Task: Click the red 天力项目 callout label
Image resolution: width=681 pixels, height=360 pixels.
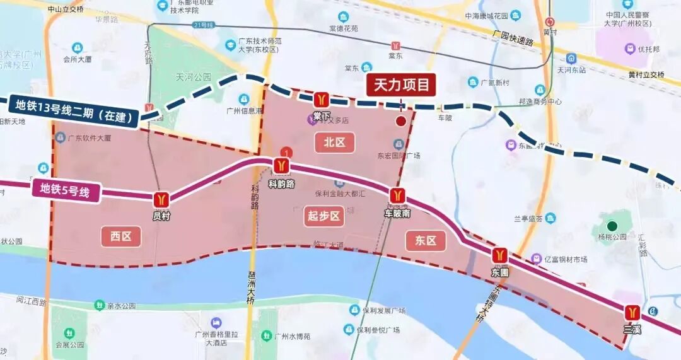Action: pos(401,85)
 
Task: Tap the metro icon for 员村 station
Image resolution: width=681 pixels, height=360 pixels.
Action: pos(161,199)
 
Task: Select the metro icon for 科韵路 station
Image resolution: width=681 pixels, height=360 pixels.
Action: pos(281,166)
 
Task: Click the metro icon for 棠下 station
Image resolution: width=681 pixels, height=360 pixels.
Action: pos(322,100)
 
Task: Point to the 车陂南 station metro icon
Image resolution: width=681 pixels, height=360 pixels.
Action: pos(397,195)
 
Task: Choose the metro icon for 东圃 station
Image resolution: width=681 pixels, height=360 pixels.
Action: pos(500,255)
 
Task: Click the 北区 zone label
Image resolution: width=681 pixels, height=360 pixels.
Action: pos(335,142)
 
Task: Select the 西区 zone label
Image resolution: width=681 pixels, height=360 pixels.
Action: pos(120,236)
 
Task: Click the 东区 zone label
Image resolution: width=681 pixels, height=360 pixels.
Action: pos(426,240)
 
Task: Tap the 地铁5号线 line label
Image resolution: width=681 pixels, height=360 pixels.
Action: pos(66,189)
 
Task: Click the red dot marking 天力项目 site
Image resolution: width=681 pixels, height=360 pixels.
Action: pos(400,121)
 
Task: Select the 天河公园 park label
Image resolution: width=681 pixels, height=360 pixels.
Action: pos(194,77)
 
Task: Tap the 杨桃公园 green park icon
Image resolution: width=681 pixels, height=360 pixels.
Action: pos(612,226)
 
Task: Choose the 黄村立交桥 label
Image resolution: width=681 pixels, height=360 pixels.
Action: pos(646,74)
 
